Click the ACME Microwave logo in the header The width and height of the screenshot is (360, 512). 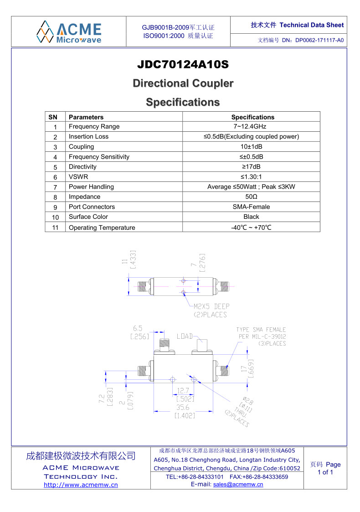pyautogui.click(x=69, y=32)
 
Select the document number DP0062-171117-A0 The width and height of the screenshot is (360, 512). pyautogui.click(x=319, y=40)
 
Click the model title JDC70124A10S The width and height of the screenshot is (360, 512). pyautogui.click(x=183, y=64)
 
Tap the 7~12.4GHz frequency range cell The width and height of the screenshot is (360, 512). pyautogui.click(x=251, y=126)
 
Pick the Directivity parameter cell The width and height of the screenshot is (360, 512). pyautogui.click(x=124, y=166)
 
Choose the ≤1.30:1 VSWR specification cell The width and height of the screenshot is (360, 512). pyautogui.click(x=251, y=176)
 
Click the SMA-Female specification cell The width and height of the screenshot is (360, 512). pyautogui.click(x=251, y=207)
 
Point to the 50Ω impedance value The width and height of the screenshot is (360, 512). pyautogui.click(x=251, y=197)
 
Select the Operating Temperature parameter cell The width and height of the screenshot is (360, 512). pyautogui.click(x=124, y=227)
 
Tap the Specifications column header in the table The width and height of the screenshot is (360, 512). pyautogui.click(x=252, y=117)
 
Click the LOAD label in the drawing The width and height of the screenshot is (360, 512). pyautogui.click(x=185, y=336)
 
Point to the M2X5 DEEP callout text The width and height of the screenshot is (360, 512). pyautogui.click(x=211, y=306)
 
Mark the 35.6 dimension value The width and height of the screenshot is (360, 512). pyautogui.click(x=183, y=407)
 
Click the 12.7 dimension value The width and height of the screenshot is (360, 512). pyautogui.click(x=183, y=391)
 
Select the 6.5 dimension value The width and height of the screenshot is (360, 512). pyautogui.click(x=138, y=328)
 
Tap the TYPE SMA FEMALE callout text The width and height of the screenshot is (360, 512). pyautogui.click(x=261, y=330)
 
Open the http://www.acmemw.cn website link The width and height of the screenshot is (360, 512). pyautogui.click(x=81, y=485)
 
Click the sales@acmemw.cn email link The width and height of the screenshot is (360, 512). pyautogui.click(x=238, y=484)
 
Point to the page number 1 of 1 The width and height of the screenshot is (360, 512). pyautogui.click(x=325, y=472)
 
